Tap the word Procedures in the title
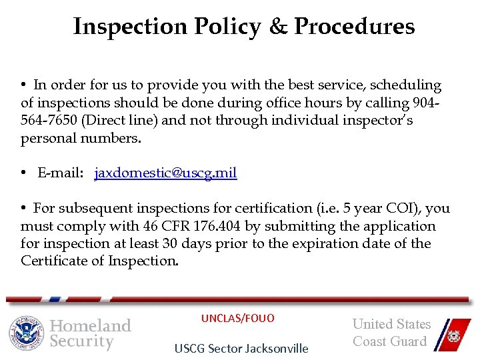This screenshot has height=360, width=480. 354,27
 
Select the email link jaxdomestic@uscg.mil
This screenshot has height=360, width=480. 165,173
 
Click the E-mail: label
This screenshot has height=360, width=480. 61,173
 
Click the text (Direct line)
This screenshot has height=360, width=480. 110,121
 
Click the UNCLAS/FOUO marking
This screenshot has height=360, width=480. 237,318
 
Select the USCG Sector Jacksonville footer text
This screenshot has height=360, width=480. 241,348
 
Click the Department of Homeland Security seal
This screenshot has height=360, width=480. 26,333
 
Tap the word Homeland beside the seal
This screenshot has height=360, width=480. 91,325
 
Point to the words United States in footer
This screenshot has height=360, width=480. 391,324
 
